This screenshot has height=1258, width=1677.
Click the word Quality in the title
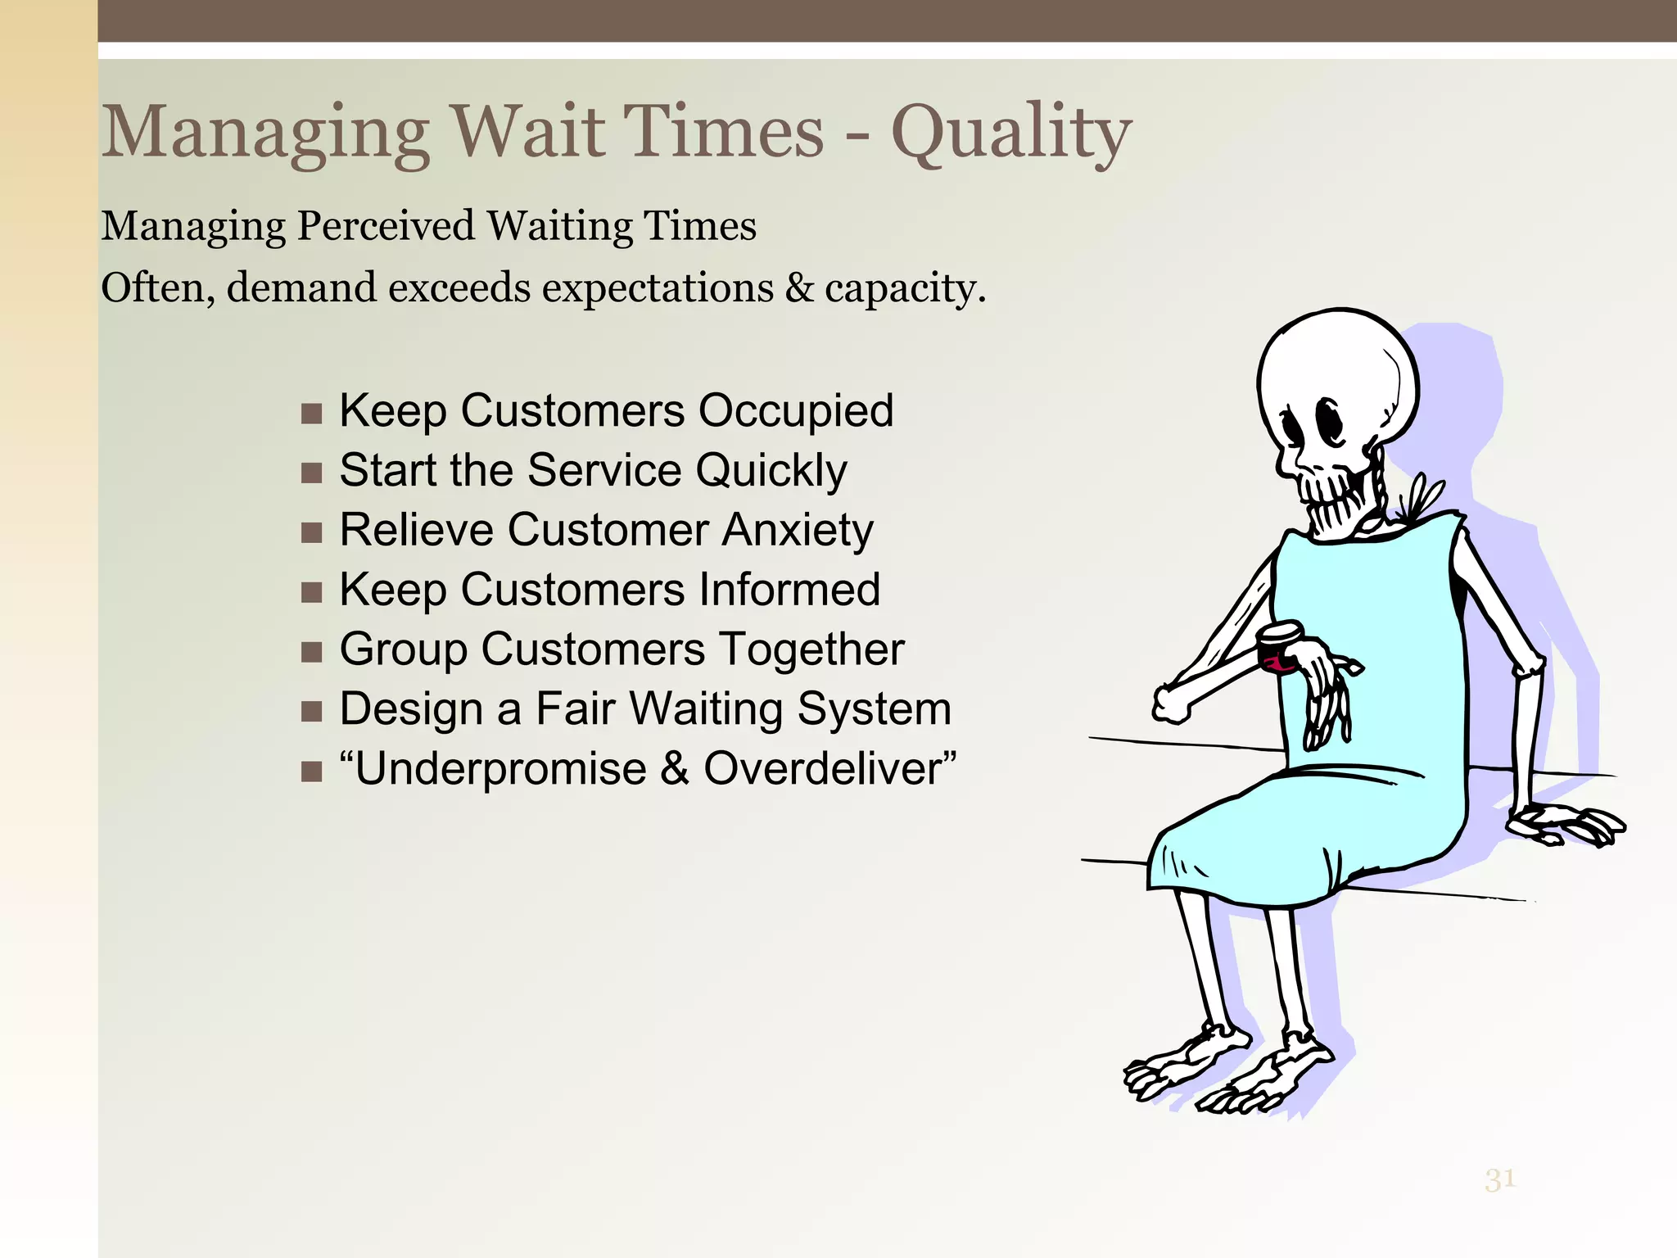[1011, 133]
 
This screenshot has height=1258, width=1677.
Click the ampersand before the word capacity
[798, 288]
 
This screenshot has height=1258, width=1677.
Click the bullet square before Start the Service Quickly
[311, 473]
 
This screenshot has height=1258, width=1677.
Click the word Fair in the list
[576, 709]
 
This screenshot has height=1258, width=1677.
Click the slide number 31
[1500, 1179]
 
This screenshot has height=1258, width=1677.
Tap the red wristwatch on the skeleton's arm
[1280, 649]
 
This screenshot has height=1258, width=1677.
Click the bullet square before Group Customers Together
[311, 652]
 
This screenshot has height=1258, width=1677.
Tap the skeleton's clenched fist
[1171, 704]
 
